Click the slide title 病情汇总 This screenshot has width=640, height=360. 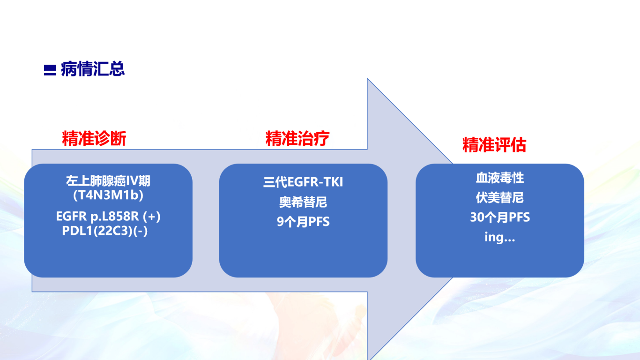coord(93,69)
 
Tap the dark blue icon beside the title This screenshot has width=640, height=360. coord(50,70)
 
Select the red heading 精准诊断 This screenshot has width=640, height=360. coord(94,138)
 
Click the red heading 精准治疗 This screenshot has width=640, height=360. coord(298,138)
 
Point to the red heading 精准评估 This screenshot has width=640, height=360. coord(494,145)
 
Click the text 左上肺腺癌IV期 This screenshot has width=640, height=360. coord(108,181)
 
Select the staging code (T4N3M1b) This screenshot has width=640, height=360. coord(108,195)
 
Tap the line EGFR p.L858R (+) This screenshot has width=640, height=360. coord(108,217)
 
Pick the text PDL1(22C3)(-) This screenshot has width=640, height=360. coord(105,231)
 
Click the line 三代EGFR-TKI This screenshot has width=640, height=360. coord(303,182)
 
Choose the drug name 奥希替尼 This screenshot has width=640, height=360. coord(303,202)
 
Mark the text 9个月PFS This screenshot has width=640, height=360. coord(303,222)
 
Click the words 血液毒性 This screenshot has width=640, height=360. coord(500,178)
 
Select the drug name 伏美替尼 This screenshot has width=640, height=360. coord(500,198)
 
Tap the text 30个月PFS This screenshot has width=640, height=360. coord(500,217)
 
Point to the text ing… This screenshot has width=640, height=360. coord(500,237)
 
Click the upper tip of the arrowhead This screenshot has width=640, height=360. coord(367,79)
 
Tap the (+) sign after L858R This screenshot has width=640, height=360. coord(152,217)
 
